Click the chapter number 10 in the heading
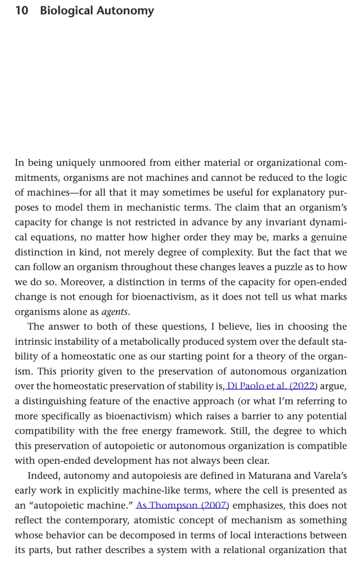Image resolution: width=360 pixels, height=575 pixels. pos(22,11)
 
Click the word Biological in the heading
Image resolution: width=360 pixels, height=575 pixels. pos(66,11)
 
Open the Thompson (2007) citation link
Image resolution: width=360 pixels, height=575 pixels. pos(182,505)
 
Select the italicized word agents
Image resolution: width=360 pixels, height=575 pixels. pos(114,312)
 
